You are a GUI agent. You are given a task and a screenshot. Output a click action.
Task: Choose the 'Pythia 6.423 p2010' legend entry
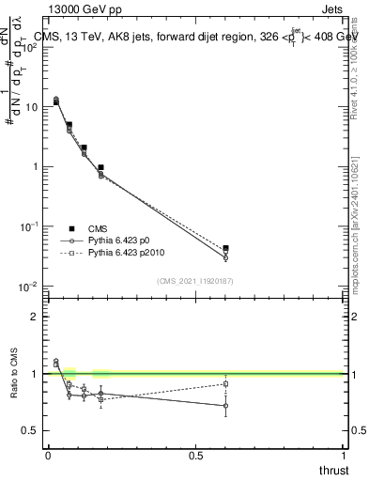pos(127,254)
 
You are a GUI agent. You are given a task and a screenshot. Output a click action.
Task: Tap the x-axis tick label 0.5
pos(195,455)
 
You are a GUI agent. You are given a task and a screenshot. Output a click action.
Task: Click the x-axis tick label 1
pos(344,455)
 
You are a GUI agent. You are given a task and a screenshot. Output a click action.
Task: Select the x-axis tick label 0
pos(48,455)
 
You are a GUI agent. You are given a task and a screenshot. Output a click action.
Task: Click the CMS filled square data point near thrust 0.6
pos(225,248)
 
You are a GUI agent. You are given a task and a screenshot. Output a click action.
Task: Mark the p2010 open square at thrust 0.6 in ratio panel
pos(225,383)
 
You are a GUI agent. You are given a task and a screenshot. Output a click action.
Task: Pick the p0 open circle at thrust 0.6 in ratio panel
pos(225,406)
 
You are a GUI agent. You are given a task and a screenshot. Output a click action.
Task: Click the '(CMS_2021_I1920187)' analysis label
pos(195,280)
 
